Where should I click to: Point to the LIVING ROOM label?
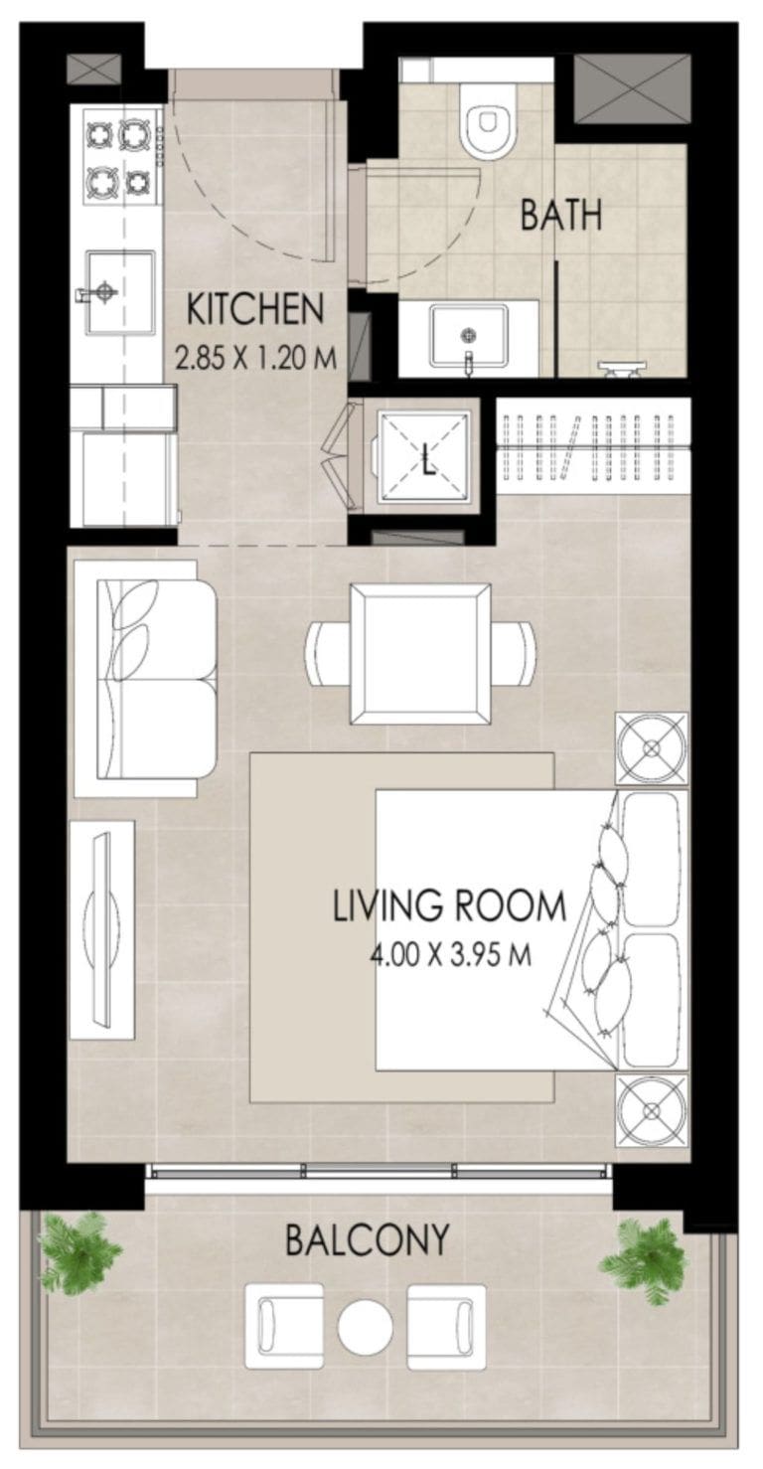coord(449,906)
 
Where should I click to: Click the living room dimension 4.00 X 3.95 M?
coord(449,956)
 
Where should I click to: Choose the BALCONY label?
coord(367,1239)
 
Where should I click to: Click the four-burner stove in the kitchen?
coord(118,156)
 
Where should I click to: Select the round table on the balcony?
coord(365,1328)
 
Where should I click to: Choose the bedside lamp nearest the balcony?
coord(651,1110)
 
